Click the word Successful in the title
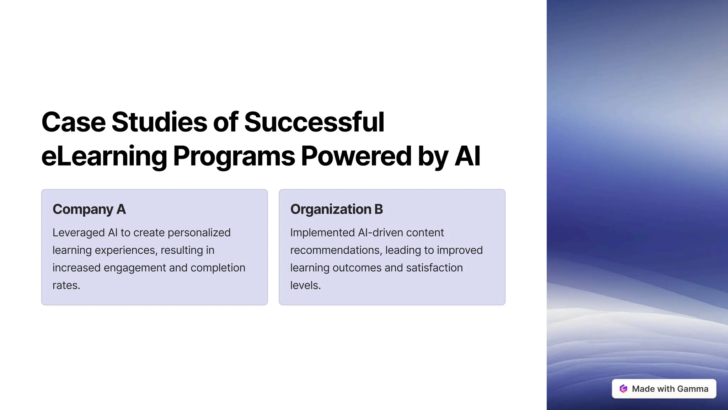click(314, 122)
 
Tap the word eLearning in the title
click(104, 156)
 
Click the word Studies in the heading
click(159, 122)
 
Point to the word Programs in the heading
click(234, 156)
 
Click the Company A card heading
click(89, 209)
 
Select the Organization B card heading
click(336, 209)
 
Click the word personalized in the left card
click(199, 233)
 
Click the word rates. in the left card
click(66, 285)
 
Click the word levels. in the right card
click(305, 285)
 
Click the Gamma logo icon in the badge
click(623, 389)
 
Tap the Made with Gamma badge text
click(670, 389)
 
